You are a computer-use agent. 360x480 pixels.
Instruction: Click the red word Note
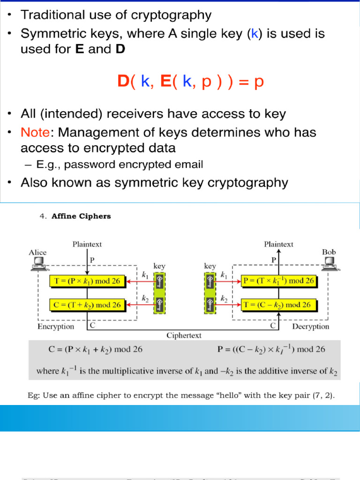[x=35, y=133]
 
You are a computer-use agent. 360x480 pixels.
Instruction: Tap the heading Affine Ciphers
[x=81, y=216]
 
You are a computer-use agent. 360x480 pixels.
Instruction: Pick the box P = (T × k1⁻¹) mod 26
[x=278, y=281]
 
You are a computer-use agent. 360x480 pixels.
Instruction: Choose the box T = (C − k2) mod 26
[x=278, y=305]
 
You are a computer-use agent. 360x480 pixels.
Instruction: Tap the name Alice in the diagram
[x=37, y=252]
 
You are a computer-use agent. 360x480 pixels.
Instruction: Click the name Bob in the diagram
[x=329, y=252]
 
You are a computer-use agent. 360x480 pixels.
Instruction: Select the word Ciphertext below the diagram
[x=184, y=335]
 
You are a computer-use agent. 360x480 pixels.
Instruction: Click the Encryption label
[x=56, y=326]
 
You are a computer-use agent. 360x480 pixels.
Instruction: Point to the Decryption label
[x=311, y=326]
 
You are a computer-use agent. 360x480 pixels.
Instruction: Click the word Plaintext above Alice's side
[x=87, y=244]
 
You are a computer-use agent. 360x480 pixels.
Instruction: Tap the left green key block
[x=160, y=293]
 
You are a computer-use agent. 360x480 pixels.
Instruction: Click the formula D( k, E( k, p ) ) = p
[x=191, y=82]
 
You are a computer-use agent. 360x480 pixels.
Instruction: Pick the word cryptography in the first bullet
[x=172, y=15]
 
